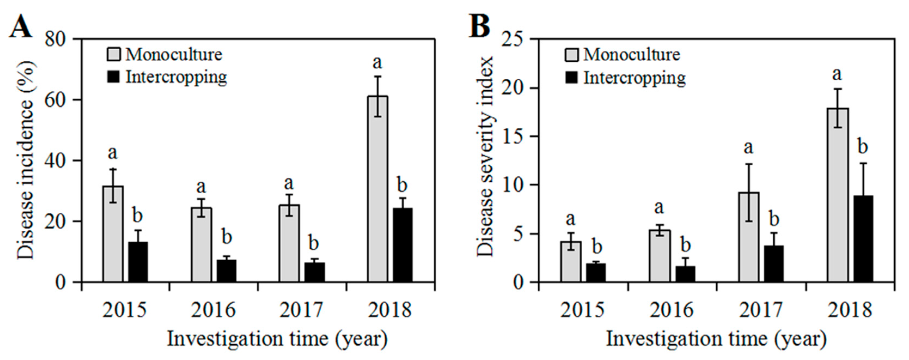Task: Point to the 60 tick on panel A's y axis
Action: [x=56, y=100]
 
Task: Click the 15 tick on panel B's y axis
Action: [x=513, y=137]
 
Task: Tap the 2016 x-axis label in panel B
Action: [x=672, y=310]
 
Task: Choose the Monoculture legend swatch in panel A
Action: [x=114, y=55]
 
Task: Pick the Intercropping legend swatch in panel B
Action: [x=571, y=77]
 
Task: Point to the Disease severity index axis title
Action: [x=485, y=157]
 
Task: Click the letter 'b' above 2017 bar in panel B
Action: [x=774, y=219]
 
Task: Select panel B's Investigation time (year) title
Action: [x=716, y=339]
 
